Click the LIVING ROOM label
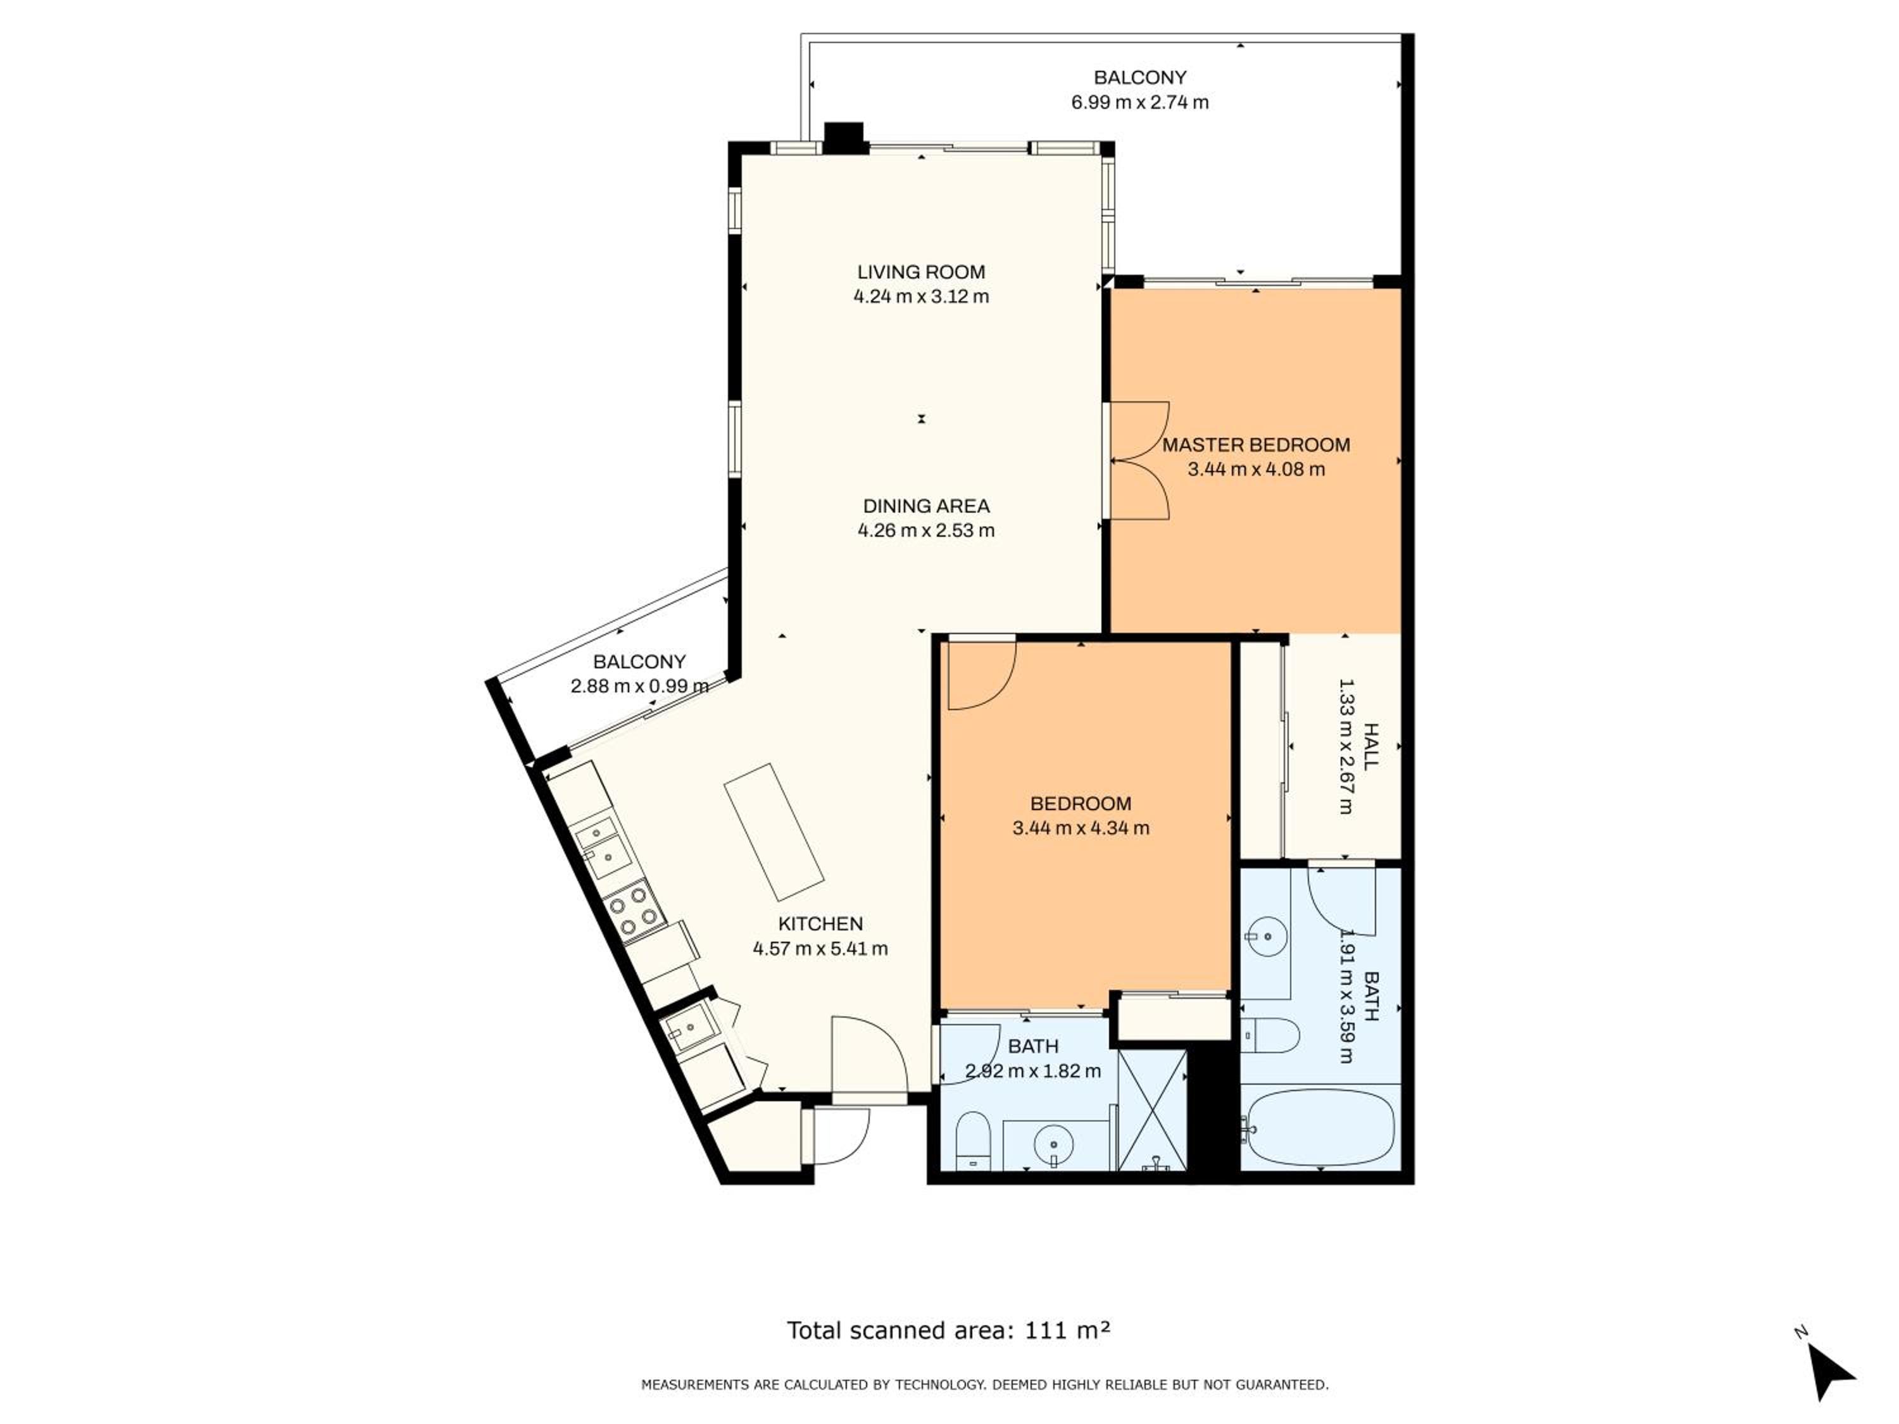click(920, 272)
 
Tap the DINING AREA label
click(925, 506)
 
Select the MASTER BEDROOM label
click(1256, 445)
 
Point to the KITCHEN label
click(820, 923)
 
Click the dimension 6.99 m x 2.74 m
click(1139, 102)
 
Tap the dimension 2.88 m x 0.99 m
click(639, 686)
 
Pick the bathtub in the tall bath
click(1320, 1128)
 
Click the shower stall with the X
click(1152, 1110)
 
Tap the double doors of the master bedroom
click(1140, 461)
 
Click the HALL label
click(1370, 746)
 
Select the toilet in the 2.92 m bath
click(973, 1140)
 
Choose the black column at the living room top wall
click(843, 137)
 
